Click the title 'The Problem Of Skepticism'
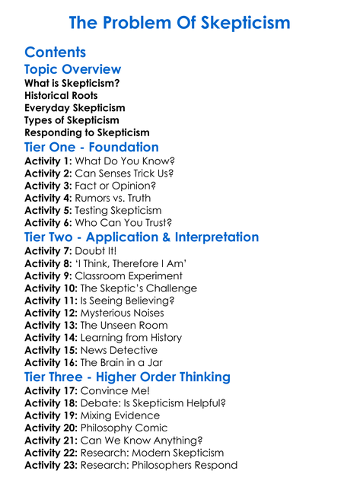180,23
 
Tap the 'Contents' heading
55,52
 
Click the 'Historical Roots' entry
61,95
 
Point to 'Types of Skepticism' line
72,120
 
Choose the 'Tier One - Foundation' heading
91,147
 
